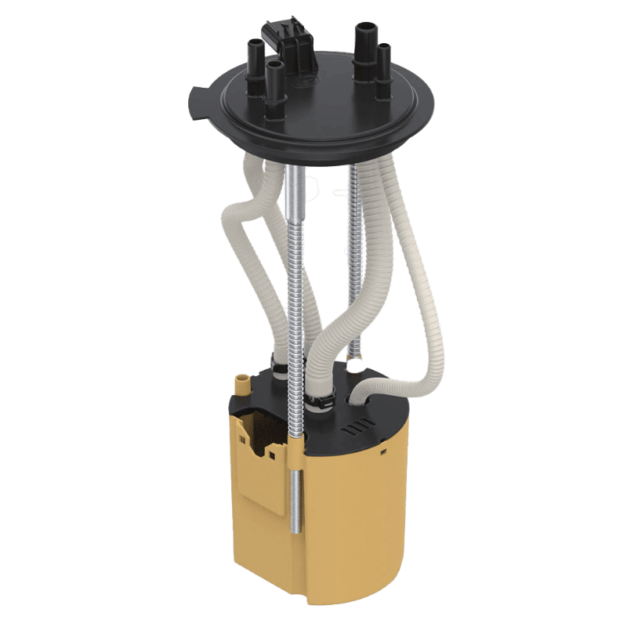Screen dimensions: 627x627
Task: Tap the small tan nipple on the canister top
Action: [241, 384]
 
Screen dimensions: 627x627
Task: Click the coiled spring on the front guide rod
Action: [296, 329]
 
